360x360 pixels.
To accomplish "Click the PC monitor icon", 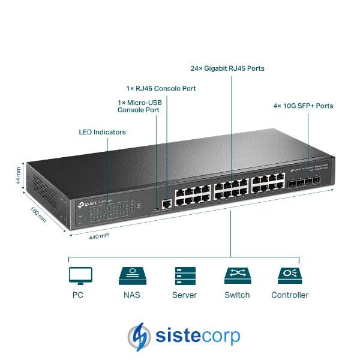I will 80,275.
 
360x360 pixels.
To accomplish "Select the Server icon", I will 184,275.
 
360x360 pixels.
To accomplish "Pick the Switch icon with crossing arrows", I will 237,275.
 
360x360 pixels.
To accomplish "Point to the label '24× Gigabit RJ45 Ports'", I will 227,68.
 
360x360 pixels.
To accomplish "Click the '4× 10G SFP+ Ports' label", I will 303,106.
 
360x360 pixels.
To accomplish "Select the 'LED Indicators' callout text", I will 102,131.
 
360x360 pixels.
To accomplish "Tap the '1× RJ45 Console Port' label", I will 161,88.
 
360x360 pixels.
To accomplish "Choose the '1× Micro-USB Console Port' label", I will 139,106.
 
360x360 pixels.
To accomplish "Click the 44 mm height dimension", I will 19,175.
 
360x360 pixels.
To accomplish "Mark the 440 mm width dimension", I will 99,236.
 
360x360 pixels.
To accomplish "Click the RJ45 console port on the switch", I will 166,205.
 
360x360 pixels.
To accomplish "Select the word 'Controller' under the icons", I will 290,295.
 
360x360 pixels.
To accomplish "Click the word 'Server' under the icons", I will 184,295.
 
